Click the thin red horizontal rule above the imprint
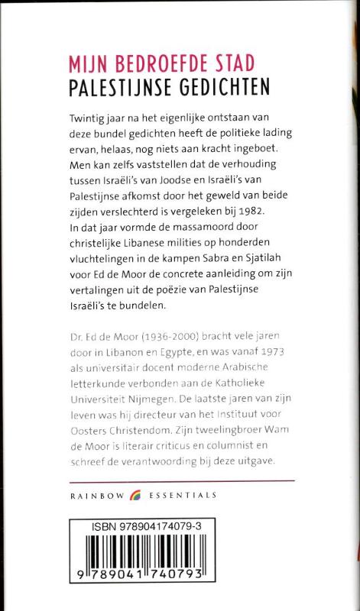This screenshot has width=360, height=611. [x=180, y=480]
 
